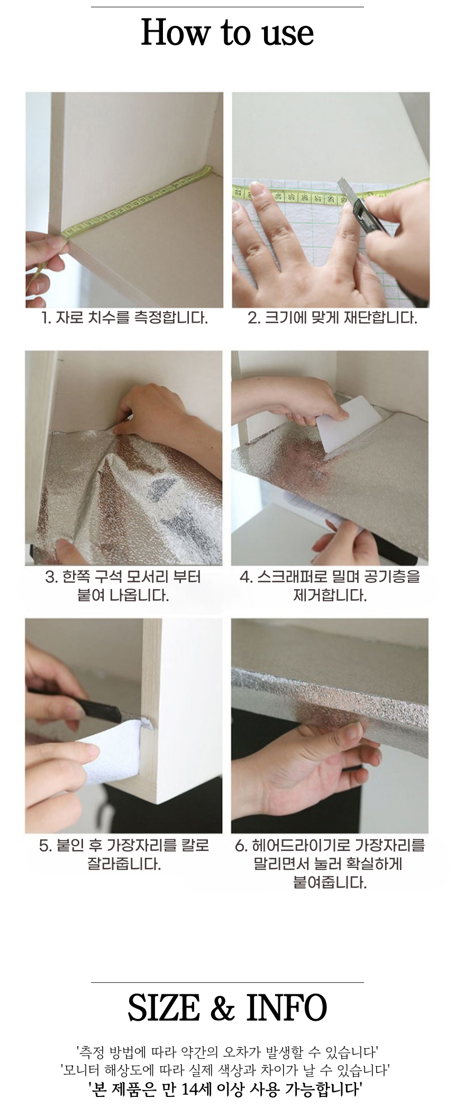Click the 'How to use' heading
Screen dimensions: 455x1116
228,32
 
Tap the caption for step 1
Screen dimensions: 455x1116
124,318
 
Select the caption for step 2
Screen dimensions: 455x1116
332,318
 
